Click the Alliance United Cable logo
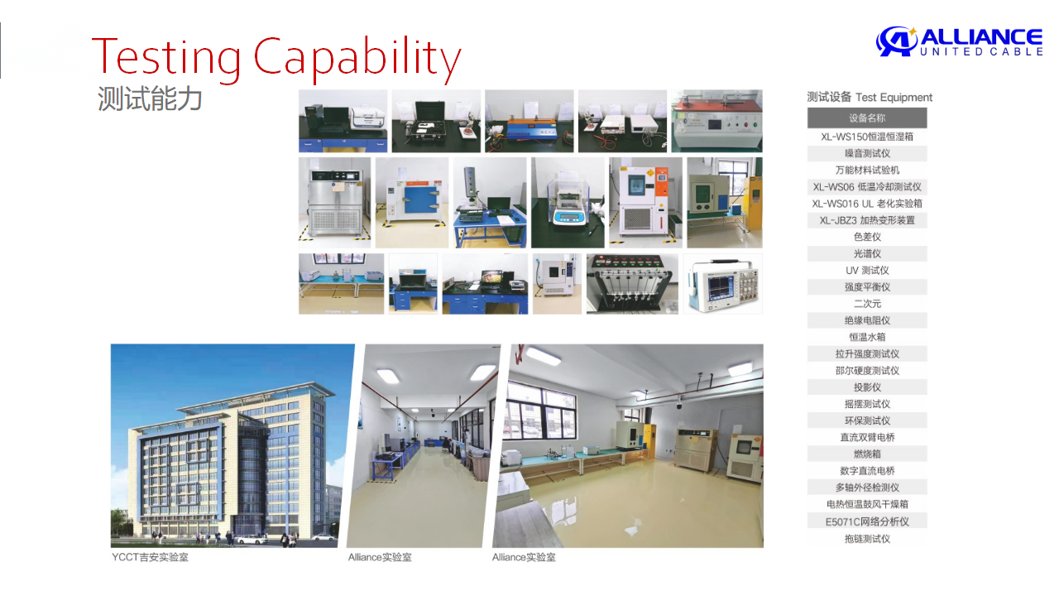point(959,41)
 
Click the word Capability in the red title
point(357,58)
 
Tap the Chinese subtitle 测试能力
point(150,99)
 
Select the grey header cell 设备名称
point(867,118)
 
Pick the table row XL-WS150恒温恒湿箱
point(867,137)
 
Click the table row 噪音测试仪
point(867,153)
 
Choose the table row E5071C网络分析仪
point(867,521)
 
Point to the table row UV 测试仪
point(867,270)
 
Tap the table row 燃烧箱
point(867,454)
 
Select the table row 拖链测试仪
point(867,538)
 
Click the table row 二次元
point(867,304)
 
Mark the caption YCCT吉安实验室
point(150,557)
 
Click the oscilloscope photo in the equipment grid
point(723,284)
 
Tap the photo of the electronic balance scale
point(568,203)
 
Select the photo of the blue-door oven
point(412,203)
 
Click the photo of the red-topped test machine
point(717,121)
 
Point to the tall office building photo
point(232,445)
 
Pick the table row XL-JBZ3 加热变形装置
point(867,220)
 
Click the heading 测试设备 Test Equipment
point(870,97)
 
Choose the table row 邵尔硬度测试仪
point(867,370)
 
